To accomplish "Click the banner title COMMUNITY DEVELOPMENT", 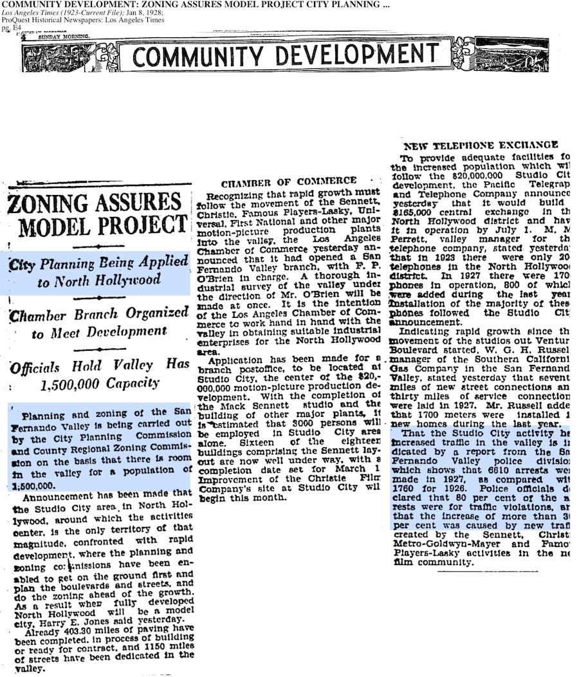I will coord(289,55).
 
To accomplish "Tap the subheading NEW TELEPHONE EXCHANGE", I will coord(481,145).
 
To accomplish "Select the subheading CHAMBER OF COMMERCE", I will coord(288,181).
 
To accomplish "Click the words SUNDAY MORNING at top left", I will coord(64,37).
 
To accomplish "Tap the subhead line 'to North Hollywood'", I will coord(98,281).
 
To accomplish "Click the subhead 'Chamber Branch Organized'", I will coord(99,314).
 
